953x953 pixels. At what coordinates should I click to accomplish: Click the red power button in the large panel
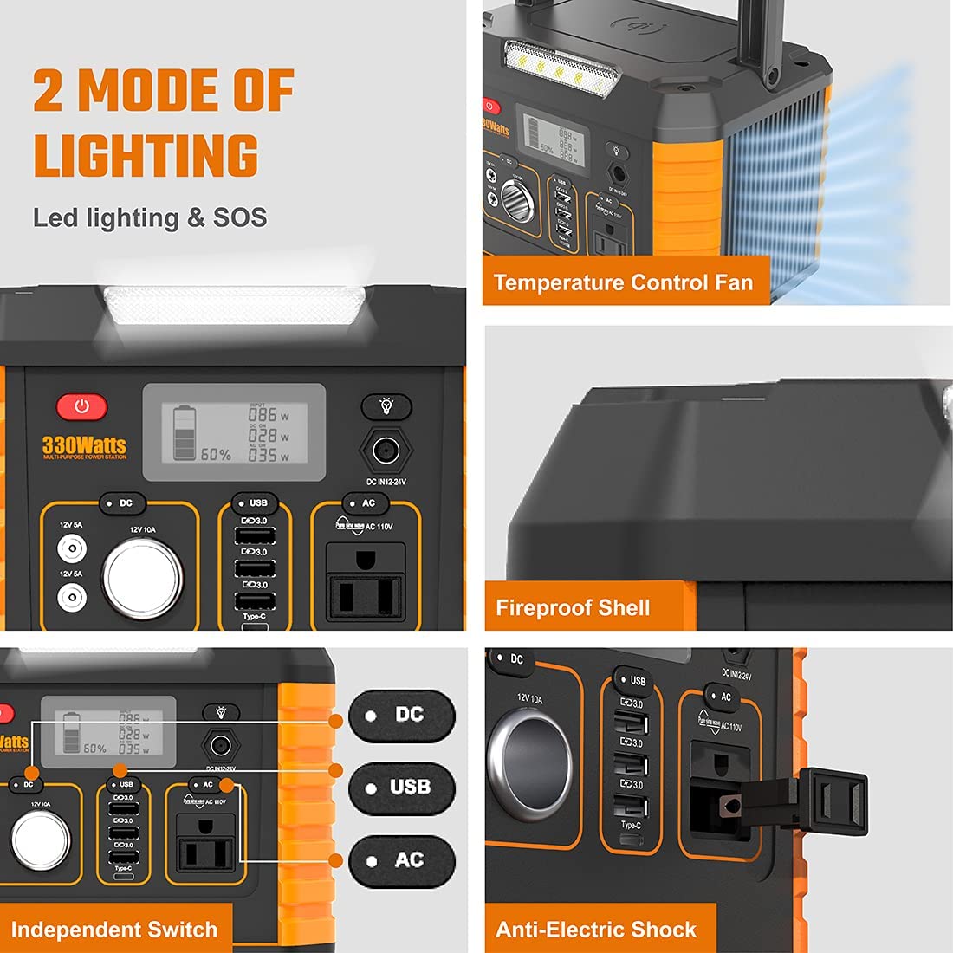(x=82, y=406)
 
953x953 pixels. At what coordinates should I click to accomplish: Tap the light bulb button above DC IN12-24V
(x=386, y=405)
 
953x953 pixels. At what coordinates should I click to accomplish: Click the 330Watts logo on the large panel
(x=84, y=446)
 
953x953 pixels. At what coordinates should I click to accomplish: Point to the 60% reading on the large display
(x=216, y=454)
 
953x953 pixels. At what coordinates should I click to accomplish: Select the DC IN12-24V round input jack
(x=386, y=451)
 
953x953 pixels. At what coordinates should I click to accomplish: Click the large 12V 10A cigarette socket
(x=143, y=578)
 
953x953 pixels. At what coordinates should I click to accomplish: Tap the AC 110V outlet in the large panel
(x=366, y=582)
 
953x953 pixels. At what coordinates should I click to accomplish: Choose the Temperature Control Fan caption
(x=623, y=282)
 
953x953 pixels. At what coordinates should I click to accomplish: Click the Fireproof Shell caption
(x=573, y=607)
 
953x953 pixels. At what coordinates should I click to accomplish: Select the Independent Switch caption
(x=113, y=930)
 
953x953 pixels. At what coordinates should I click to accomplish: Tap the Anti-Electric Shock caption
(x=596, y=930)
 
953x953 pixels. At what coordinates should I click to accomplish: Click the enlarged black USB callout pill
(x=401, y=788)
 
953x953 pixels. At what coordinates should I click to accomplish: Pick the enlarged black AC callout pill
(x=401, y=860)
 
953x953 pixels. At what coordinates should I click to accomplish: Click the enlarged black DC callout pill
(x=401, y=716)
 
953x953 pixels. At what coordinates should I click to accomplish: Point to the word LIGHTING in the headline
(x=146, y=156)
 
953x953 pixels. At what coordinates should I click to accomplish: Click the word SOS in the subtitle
(x=240, y=217)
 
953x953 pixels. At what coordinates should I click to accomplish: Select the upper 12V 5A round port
(x=71, y=548)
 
